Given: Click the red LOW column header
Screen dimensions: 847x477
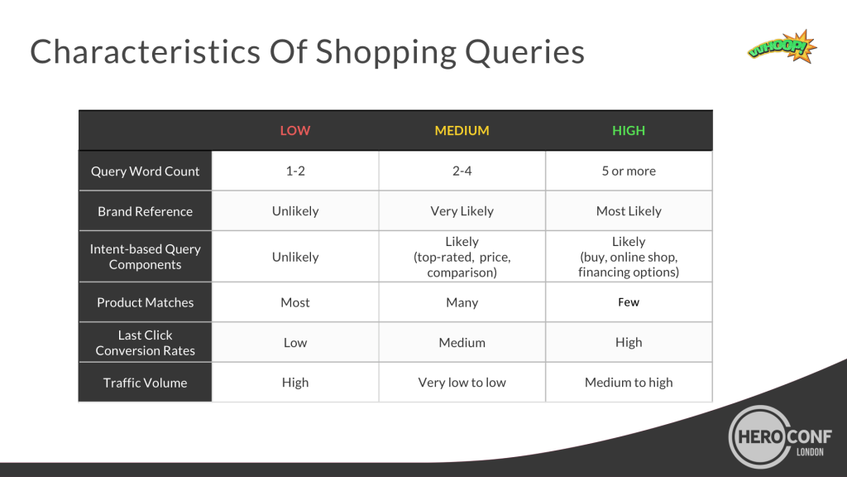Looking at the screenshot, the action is pyautogui.click(x=295, y=130).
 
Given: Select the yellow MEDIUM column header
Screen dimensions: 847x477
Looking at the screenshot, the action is pyautogui.click(x=462, y=130).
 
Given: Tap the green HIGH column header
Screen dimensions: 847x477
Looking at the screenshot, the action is pyautogui.click(x=629, y=130).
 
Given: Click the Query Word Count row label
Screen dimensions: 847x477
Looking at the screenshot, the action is pyautogui.click(x=145, y=171).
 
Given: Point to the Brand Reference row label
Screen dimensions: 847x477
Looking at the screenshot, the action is pyautogui.click(x=145, y=211).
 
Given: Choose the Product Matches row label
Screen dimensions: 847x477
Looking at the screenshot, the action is pyautogui.click(x=145, y=302).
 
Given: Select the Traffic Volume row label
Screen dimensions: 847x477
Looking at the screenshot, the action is pyautogui.click(x=145, y=383).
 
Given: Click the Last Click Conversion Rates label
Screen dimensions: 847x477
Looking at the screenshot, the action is pyautogui.click(x=145, y=342).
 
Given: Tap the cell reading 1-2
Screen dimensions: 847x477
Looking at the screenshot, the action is pyautogui.click(x=295, y=171).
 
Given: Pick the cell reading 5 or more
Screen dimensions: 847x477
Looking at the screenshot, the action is pyautogui.click(x=629, y=171).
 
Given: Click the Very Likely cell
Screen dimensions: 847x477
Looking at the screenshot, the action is pyautogui.click(x=462, y=211).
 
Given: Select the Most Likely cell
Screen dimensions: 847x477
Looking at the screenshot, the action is pyautogui.click(x=629, y=211).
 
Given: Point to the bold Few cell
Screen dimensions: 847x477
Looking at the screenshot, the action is pyautogui.click(x=629, y=302).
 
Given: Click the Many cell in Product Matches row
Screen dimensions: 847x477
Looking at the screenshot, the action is pyautogui.click(x=462, y=302).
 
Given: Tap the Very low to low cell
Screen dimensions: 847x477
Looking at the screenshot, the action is pyautogui.click(x=462, y=383).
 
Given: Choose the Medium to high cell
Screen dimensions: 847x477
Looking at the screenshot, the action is pyautogui.click(x=629, y=383).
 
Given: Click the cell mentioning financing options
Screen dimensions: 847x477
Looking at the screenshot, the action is pyautogui.click(x=629, y=257).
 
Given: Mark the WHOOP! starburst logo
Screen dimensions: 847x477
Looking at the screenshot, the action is pyautogui.click(x=782, y=47).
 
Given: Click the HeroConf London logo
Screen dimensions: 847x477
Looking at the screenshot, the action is pyautogui.click(x=779, y=436).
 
